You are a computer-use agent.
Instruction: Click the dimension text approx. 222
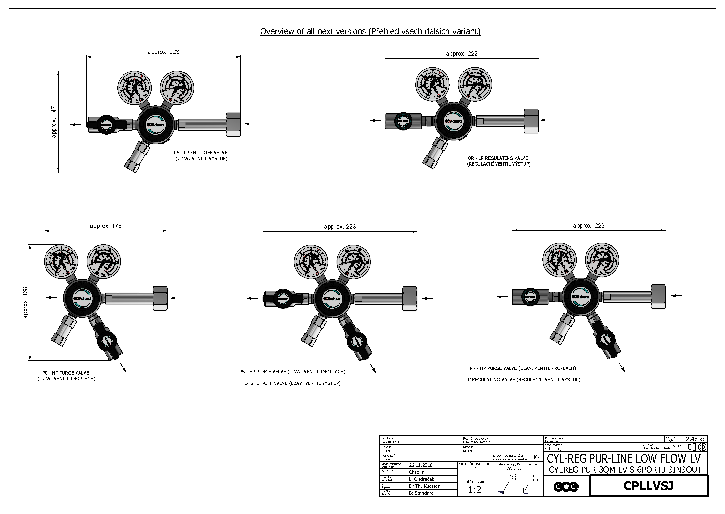pos(461,54)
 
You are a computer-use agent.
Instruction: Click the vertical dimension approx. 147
pos(54,122)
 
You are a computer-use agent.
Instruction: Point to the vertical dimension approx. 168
pos(25,302)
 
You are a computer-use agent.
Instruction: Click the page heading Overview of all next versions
pos(370,31)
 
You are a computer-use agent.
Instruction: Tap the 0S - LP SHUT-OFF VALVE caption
pos(201,155)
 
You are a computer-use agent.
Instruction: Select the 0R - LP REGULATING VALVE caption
pos(498,161)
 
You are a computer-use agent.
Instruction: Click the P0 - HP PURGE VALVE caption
pos(66,376)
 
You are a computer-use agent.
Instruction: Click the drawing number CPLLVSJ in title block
pos(648,485)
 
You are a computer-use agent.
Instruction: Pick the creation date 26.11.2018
pos(420,465)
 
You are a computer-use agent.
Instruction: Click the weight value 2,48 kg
pos(695,439)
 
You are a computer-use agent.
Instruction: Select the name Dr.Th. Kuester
pos(424,486)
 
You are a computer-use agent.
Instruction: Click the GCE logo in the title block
pos(566,486)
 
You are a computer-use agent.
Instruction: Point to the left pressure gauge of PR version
pos(559,260)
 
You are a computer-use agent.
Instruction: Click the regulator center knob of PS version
pos(332,298)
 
